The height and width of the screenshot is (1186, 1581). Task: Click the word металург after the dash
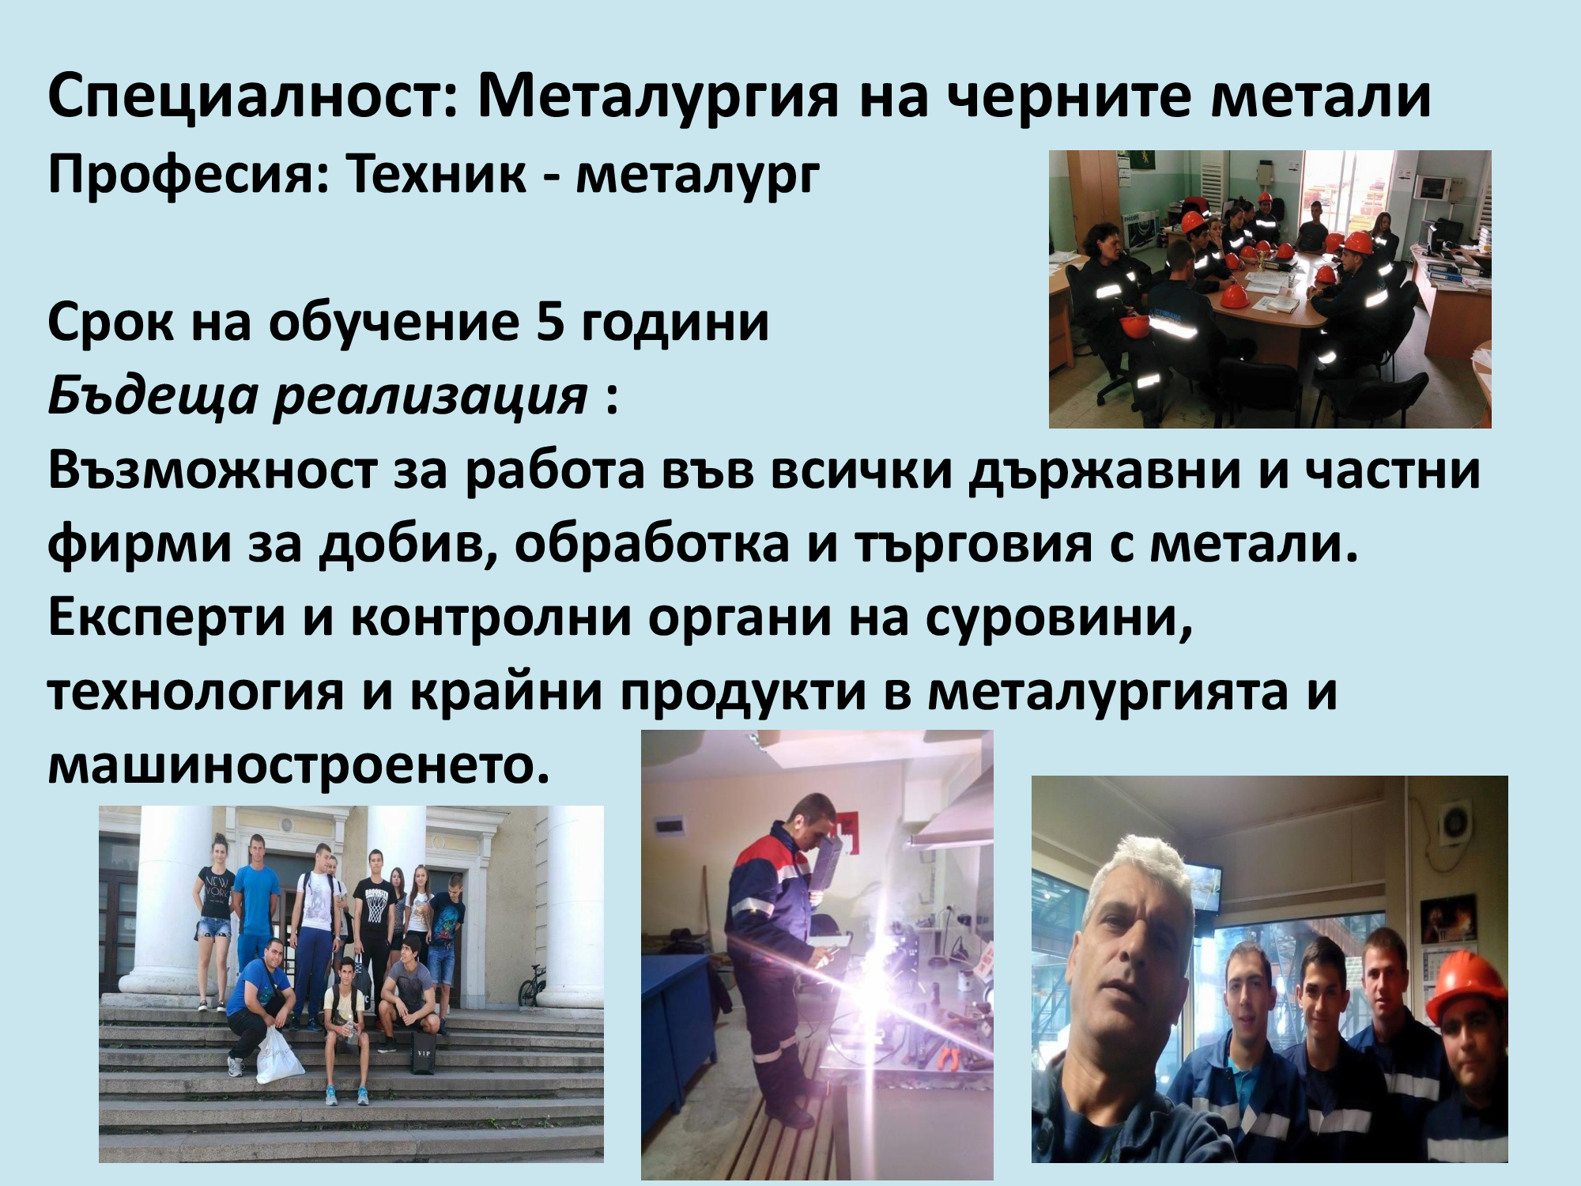[x=697, y=175]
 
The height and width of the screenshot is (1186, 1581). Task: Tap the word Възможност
[x=213, y=471]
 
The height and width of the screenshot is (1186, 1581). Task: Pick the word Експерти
[x=167, y=618]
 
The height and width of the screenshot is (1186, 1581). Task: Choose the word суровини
[x=1058, y=618]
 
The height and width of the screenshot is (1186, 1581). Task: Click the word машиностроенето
[x=298, y=765]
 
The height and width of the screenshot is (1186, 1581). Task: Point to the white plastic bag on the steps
[x=279, y=1056]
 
